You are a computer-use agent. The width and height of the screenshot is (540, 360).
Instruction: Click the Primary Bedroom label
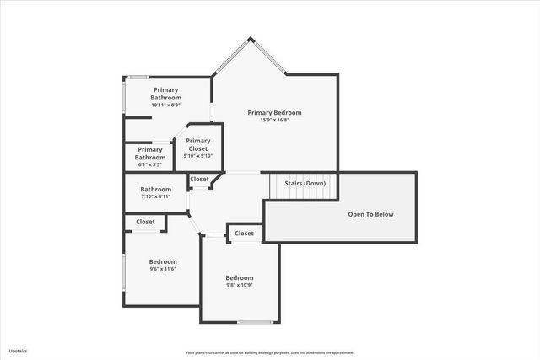coord(274,112)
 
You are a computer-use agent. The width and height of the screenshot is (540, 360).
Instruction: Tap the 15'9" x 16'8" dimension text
coord(274,120)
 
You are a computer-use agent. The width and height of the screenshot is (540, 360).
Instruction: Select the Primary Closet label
coord(197,145)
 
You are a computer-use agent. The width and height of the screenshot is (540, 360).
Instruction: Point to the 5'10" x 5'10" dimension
coord(197,156)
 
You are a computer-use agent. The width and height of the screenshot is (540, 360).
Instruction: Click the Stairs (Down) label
coord(305,183)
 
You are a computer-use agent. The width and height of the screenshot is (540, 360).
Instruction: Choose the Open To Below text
coord(371,214)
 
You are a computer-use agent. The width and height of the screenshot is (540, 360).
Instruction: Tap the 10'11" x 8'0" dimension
coord(165,105)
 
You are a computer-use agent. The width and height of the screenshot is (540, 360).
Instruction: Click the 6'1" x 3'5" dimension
coord(150,165)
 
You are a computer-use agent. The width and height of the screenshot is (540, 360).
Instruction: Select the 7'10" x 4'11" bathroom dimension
coord(155,197)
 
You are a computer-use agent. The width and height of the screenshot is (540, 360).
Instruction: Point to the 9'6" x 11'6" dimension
coord(163,269)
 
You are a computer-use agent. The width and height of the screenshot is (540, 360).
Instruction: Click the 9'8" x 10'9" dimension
coord(239,285)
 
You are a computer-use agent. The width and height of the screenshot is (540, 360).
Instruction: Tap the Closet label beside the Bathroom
coord(199,179)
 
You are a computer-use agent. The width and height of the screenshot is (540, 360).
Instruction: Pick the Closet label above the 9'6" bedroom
coord(145,222)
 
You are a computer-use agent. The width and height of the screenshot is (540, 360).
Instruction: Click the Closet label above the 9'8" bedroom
coord(244,234)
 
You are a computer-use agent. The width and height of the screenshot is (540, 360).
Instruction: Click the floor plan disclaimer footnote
coord(270,352)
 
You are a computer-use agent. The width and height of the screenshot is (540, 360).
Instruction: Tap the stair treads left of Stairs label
coord(274,184)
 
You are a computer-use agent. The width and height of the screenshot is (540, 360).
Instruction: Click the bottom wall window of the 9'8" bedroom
coord(253,322)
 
